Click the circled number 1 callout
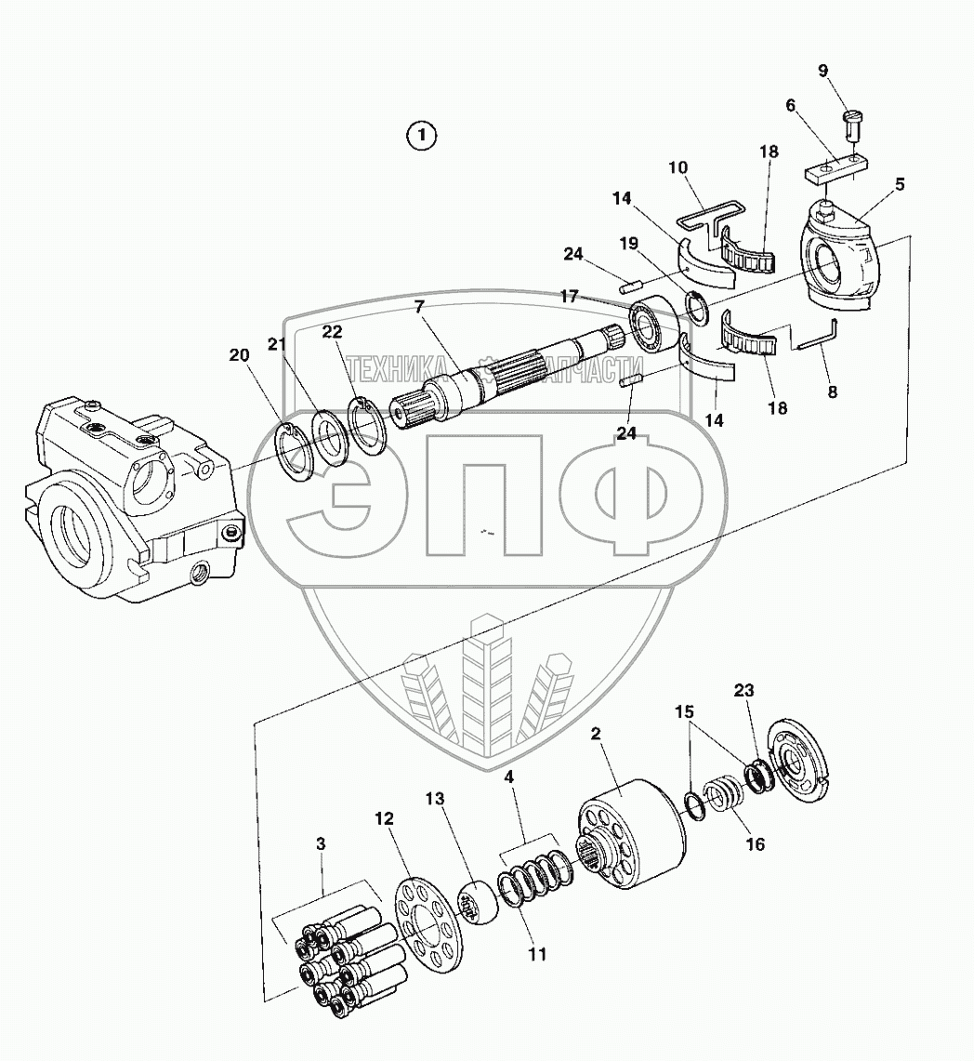point(422,136)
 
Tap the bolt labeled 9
point(853,124)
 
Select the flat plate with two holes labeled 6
point(836,170)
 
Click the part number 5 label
point(900,184)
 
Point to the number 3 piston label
point(321,844)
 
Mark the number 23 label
point(743,690)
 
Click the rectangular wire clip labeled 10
point(705,216)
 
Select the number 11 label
point(535,953)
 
